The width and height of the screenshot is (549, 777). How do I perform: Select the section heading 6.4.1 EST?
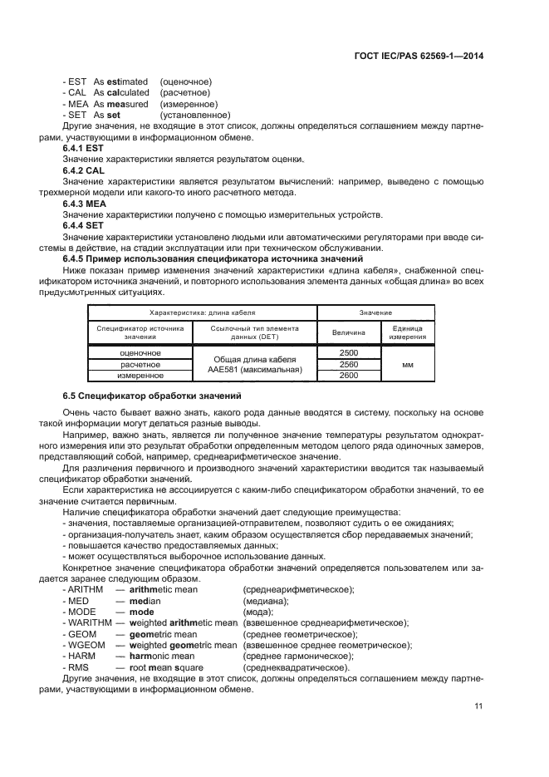(82, 147)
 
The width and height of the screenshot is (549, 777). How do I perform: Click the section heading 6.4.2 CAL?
(83, 170)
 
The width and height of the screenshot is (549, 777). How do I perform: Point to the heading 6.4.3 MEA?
(84, 204)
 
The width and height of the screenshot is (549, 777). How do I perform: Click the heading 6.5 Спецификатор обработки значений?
(150, 393)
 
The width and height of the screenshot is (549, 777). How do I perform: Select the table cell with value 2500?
(349, 353)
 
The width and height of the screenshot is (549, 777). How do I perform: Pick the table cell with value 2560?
(349, 364)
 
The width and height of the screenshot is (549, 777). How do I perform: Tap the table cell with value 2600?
(349, 376)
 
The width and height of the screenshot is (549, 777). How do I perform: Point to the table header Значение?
(375, 312)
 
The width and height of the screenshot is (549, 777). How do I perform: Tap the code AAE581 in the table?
(228, 370)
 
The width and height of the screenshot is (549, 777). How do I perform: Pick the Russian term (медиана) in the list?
(266, 600)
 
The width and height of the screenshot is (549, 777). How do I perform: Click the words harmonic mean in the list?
(162, 657)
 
